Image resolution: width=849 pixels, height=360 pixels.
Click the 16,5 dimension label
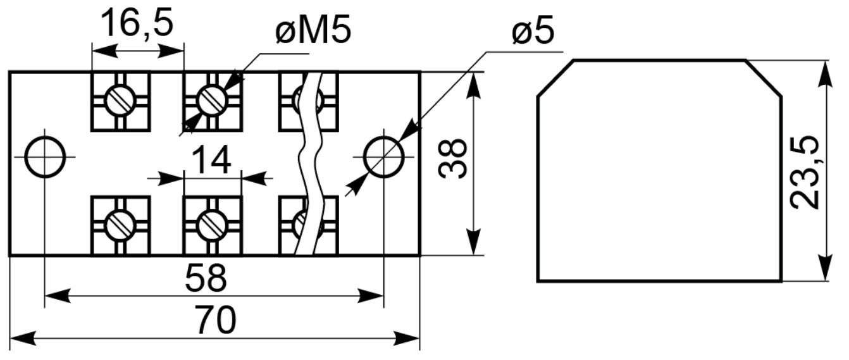point(137,23)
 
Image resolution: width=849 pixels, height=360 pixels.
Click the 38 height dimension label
point(452,158)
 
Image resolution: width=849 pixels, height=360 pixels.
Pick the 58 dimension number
point(206,278)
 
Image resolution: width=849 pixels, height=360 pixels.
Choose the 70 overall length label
point(216,320)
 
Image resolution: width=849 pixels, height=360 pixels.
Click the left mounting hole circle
point(45,157)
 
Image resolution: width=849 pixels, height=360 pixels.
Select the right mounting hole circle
point(383,157)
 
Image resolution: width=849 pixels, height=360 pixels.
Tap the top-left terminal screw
point(121,101)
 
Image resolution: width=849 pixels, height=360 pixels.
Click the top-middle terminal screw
point(213,101)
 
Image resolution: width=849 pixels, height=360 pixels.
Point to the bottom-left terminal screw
point(121,225)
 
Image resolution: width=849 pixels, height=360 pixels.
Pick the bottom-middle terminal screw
point(213,225)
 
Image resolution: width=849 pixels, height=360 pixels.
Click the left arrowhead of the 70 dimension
point(23,338)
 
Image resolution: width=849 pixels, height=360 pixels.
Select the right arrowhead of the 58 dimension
point(370,296)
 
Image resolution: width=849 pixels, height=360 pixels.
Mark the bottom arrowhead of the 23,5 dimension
point(826,268)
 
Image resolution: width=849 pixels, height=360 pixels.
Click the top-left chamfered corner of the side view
point(555,78)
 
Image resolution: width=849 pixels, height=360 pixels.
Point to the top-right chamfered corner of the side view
point(764,78)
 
